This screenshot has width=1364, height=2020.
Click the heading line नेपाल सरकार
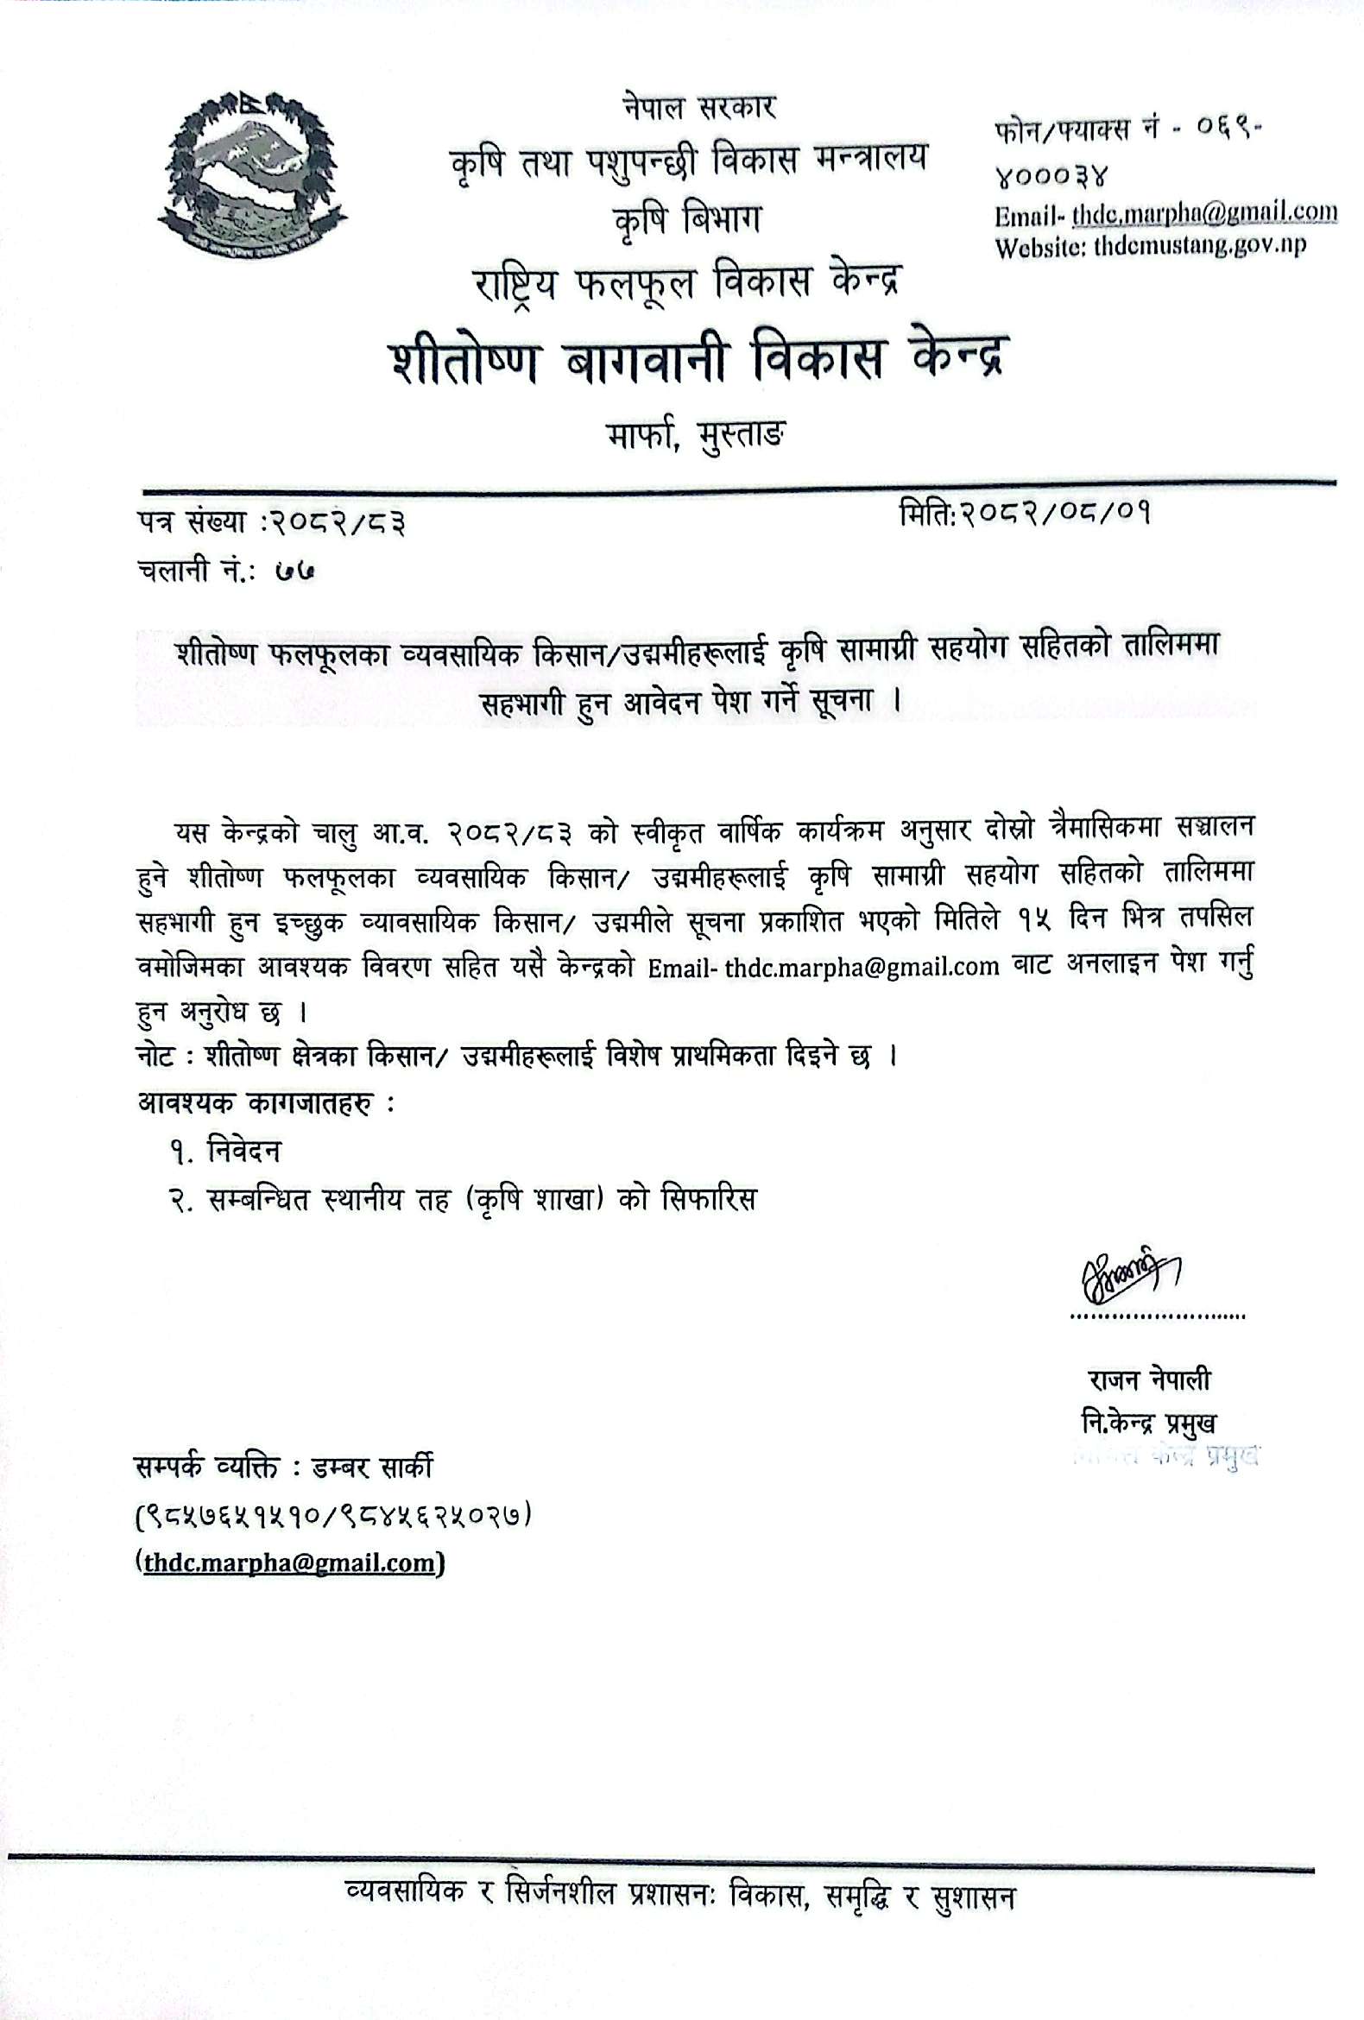tap(698, 108)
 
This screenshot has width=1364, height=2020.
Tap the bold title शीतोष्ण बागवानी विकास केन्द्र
tap(698, 360)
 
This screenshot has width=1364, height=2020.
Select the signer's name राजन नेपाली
tap(1148, 1380)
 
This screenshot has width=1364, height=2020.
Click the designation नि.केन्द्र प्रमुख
tap(1148, 1423)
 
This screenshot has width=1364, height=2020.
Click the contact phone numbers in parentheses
tap(333, 1516)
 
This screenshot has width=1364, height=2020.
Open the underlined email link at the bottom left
tap(289, 1562)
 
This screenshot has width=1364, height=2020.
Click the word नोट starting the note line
tap(158, 1057)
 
